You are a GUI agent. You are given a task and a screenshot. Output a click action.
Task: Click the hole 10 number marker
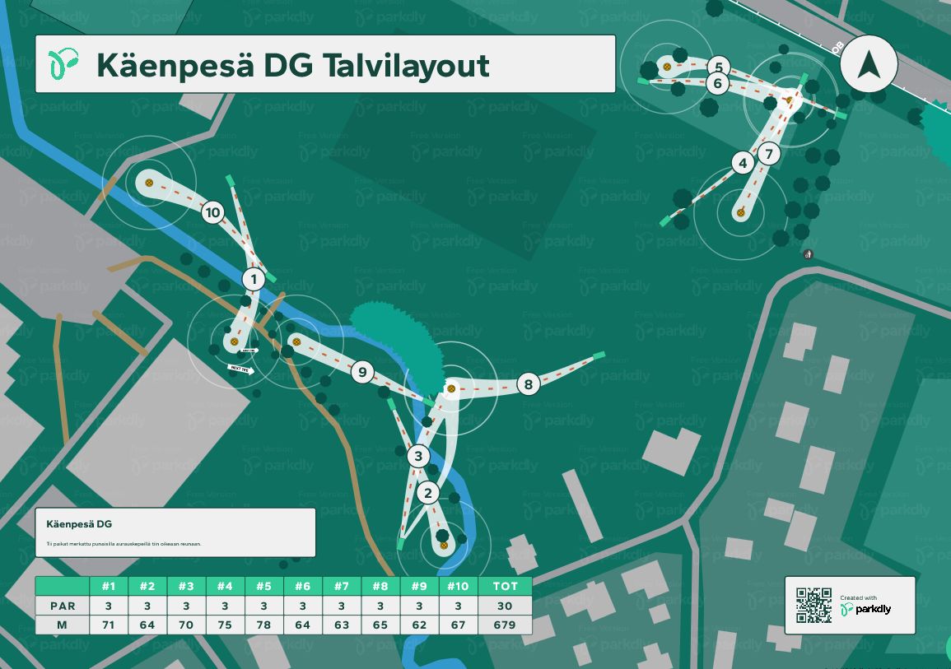(x=212, y=213)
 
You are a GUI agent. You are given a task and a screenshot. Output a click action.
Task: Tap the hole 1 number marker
(x=254, y=280)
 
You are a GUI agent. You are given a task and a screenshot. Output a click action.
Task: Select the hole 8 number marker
(x=529, y=383)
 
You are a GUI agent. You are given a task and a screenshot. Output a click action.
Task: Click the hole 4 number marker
(x=744, y=163)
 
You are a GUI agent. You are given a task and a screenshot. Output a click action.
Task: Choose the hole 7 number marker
(x=768, y=153)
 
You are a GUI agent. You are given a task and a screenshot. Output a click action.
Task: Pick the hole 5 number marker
(x=718, y=67)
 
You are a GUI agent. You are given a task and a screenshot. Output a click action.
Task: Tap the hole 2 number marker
(x=427, y=493)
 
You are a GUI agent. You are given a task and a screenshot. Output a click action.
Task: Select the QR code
(x=813, y=605)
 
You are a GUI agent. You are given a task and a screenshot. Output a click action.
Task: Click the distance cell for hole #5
(x=263, y=625)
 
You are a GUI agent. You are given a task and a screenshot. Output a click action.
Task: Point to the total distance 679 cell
(x=505, y=625)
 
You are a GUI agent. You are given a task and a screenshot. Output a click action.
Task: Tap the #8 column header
(x=380, y=586)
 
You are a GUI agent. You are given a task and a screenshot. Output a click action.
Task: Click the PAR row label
(x=63, y=606)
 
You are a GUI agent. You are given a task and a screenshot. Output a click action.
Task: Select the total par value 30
(x=505, y=606)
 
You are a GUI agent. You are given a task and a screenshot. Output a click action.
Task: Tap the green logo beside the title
(x=64, y=63)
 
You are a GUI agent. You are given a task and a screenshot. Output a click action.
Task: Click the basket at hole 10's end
(x=149, y=183)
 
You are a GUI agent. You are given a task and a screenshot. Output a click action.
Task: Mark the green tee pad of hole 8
(x=599, y=355)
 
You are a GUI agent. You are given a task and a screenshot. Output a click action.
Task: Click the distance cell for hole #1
(x=108, y=625)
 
